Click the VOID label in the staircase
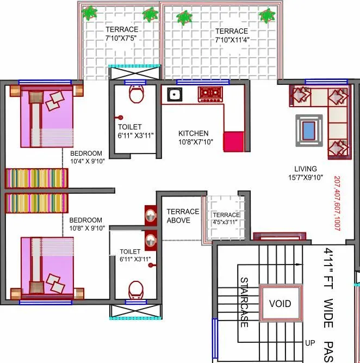280,304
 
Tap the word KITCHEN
194,133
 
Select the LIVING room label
306,169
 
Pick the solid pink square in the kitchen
234,141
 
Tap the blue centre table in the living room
308,130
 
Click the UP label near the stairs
311,343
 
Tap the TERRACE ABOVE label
182,216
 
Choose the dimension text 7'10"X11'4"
231,40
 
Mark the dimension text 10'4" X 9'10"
91,161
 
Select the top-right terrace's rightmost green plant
266,16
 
